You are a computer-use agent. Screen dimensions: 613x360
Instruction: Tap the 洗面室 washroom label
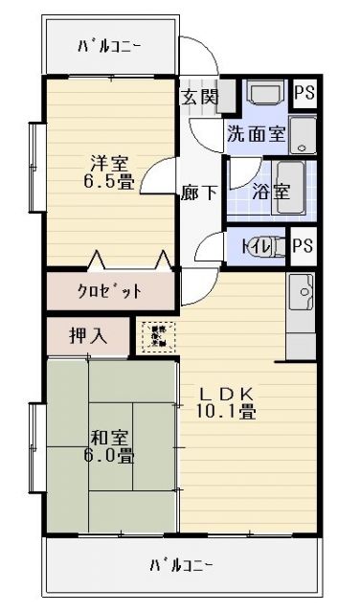(256, 134)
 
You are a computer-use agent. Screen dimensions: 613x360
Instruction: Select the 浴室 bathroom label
(271, 190)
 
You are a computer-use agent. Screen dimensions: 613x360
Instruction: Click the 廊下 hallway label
(199, 192)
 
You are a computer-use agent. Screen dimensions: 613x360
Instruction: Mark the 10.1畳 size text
(227, 413)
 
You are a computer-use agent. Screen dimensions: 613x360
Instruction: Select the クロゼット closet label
(109, 291)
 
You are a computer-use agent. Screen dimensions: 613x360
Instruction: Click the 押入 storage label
(87, 336)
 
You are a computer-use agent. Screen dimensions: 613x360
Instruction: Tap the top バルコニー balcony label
(110, 46)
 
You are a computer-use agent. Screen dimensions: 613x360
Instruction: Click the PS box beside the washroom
(304, 93)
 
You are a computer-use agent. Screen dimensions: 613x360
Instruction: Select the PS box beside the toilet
(303, 245)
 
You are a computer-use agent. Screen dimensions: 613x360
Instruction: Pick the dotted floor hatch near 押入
(155, 336)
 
